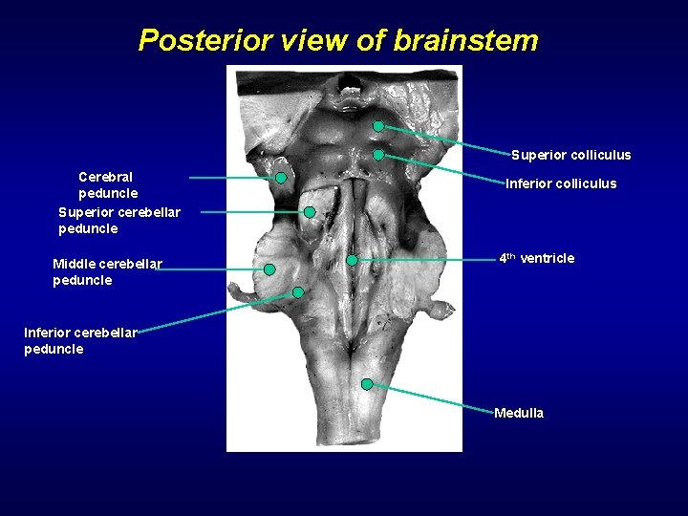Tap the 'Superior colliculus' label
(x=570, y=155)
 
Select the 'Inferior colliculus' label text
(x=561, y=183)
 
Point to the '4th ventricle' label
(x=537, y=258)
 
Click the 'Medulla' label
(x=519, y=413)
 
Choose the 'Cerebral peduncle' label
(x=106, y=184)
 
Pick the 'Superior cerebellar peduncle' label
(x=118, y=220)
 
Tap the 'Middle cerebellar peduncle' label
(x=107, y=271)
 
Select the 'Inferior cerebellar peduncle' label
(x=80, y=340)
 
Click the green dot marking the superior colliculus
(x=378, y=126)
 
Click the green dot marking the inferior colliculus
(x=378, y=155)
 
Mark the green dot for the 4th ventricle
(x=352, y=260)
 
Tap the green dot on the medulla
(x=367, y=384)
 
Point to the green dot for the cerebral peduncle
(x=282, y=178)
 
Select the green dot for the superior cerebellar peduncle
(x=310, y=212)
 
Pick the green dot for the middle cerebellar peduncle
(x=269, y=269)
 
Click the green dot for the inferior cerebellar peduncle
(x=298, y=292)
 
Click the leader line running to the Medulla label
(x=430, y=398)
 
